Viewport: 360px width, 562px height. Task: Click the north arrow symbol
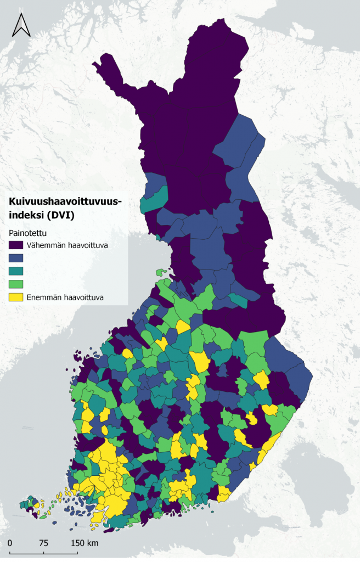pyautogui.click(x=21, y=25)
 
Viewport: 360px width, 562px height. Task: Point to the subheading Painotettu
pyautogui.click(x=28, y=233)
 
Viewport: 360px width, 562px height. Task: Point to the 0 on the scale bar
pyautogui.click(x=10, y=543)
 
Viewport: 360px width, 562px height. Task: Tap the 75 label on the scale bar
pyautogui.click(x=43, y=543)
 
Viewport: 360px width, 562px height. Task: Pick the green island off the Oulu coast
pyautogui.click(x=161, y=272)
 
